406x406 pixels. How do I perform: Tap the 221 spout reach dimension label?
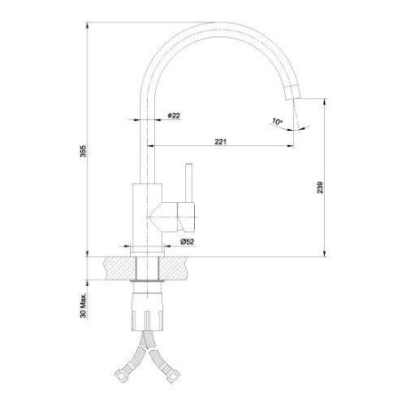coord(220,141)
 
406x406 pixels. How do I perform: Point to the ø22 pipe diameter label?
coord(174,115)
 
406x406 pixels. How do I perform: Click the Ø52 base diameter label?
coord(189,241)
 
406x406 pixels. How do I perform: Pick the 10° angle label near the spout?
coord(276,120)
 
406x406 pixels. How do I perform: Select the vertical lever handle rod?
coord(189,184)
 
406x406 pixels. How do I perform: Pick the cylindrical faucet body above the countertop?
coord(144,217)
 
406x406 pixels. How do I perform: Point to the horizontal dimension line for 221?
coord(220,147)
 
